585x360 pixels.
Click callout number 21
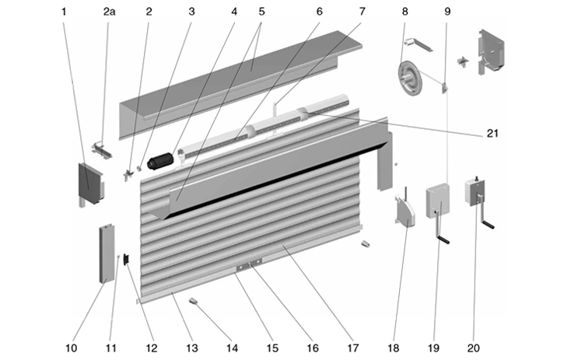point(492,134)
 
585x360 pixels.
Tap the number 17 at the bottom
point(352,347)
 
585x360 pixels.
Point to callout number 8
point(405,12)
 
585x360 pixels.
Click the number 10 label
point(72,347)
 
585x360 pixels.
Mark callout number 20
point(474,347)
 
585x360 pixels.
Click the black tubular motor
point(163,161)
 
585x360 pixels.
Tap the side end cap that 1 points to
point(90,183)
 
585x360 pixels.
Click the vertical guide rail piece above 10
point(107,253)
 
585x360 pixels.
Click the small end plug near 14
point(194,300)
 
